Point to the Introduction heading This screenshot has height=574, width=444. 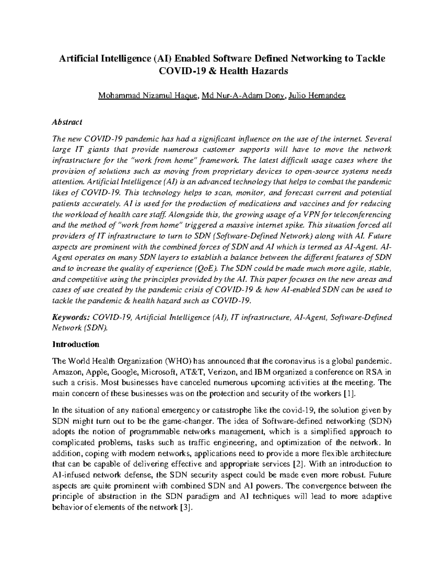pyautogui.click(x=76, y=344)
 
